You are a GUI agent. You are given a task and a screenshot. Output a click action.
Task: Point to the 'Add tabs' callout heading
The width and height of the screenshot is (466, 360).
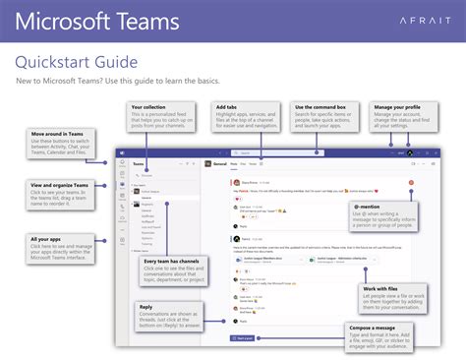[x=226, y=106]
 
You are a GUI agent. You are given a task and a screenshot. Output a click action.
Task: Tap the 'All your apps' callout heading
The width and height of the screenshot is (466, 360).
[x=47, y=239]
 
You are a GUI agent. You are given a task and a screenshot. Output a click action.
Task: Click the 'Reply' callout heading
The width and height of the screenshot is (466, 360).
[x=145, y=306]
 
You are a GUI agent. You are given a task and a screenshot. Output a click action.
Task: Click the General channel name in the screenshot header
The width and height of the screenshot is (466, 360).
[x=221, y=151]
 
